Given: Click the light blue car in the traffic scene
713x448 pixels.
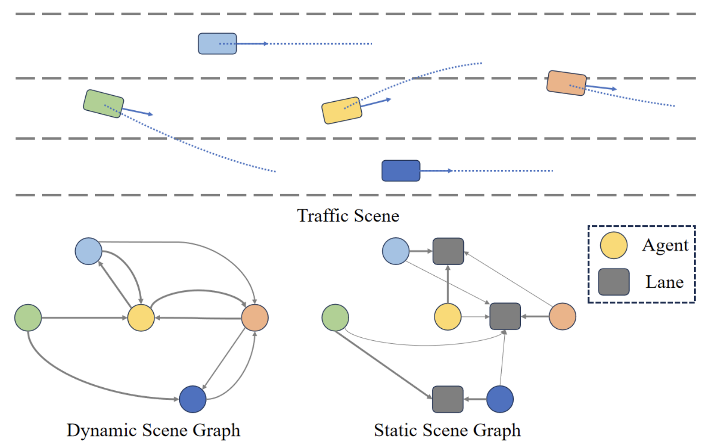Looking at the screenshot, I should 217,44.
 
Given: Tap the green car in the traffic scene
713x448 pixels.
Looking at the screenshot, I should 103,103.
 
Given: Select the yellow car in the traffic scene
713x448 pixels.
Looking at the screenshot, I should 342,110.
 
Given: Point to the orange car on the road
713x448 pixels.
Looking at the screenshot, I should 567,83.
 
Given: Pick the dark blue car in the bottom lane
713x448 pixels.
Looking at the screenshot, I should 400,171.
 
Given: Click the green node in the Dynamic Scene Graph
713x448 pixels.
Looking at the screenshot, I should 28,318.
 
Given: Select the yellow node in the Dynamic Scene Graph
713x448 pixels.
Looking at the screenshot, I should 141,318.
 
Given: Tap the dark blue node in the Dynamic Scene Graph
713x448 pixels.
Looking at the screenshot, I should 193,399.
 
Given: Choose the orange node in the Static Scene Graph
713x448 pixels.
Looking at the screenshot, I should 562,316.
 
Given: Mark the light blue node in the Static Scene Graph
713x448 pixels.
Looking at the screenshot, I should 396,251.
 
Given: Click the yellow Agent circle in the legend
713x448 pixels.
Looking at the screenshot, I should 614,245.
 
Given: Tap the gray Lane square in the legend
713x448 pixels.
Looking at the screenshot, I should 614,282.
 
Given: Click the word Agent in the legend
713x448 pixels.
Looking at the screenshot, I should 665,245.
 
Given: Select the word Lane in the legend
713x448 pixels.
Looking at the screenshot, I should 664,282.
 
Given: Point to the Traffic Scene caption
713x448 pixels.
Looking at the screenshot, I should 348,216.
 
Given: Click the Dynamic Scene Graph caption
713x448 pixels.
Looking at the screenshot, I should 153,430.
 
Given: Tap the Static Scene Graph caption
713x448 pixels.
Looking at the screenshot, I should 447,430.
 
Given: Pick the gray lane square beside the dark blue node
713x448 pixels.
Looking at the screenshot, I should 447,399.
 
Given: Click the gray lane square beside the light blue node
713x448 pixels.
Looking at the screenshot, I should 448,251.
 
